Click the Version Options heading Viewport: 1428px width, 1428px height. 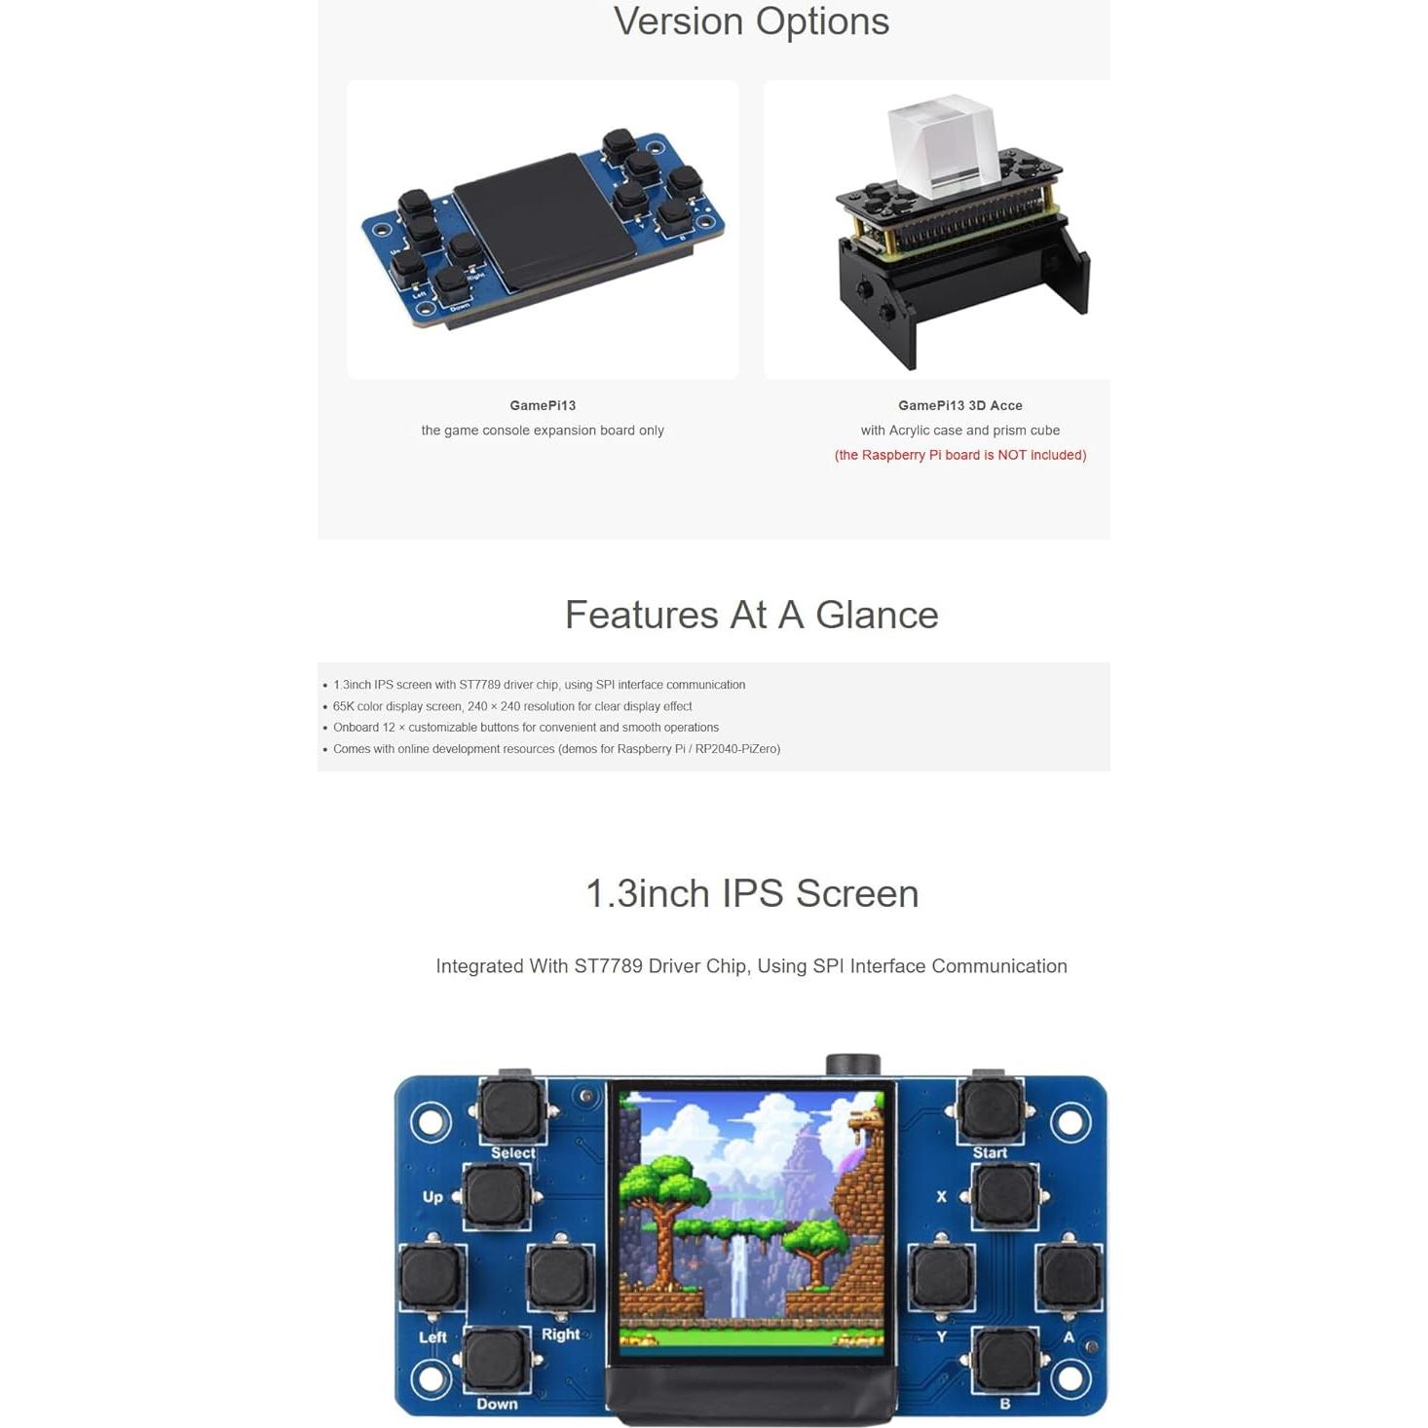(751, 21)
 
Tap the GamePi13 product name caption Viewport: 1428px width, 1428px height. (543, 405)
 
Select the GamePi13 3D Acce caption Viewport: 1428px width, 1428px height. (959, 405)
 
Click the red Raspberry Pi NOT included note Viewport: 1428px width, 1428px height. (959, 455)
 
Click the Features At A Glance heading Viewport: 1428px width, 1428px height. (751, 615)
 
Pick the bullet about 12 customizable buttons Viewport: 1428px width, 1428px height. (525, 728)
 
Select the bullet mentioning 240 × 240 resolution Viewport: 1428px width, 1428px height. (512, 706)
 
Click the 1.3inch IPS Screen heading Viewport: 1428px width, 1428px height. (751, 893)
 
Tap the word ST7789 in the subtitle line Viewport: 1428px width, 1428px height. (608, 966)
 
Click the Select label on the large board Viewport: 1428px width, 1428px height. (512, 1153)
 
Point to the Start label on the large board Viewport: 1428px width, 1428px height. (990, 1153)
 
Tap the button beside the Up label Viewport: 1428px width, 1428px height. (497, 1196)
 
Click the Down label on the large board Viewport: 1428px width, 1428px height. (497, 1404)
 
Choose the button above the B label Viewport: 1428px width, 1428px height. (1004, 1358)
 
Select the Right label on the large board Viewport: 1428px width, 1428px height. (560, 1334)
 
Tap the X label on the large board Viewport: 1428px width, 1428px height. (941, 1196)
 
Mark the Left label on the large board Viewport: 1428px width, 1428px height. (432, 1337)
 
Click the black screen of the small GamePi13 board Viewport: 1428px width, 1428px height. (531, 221)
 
